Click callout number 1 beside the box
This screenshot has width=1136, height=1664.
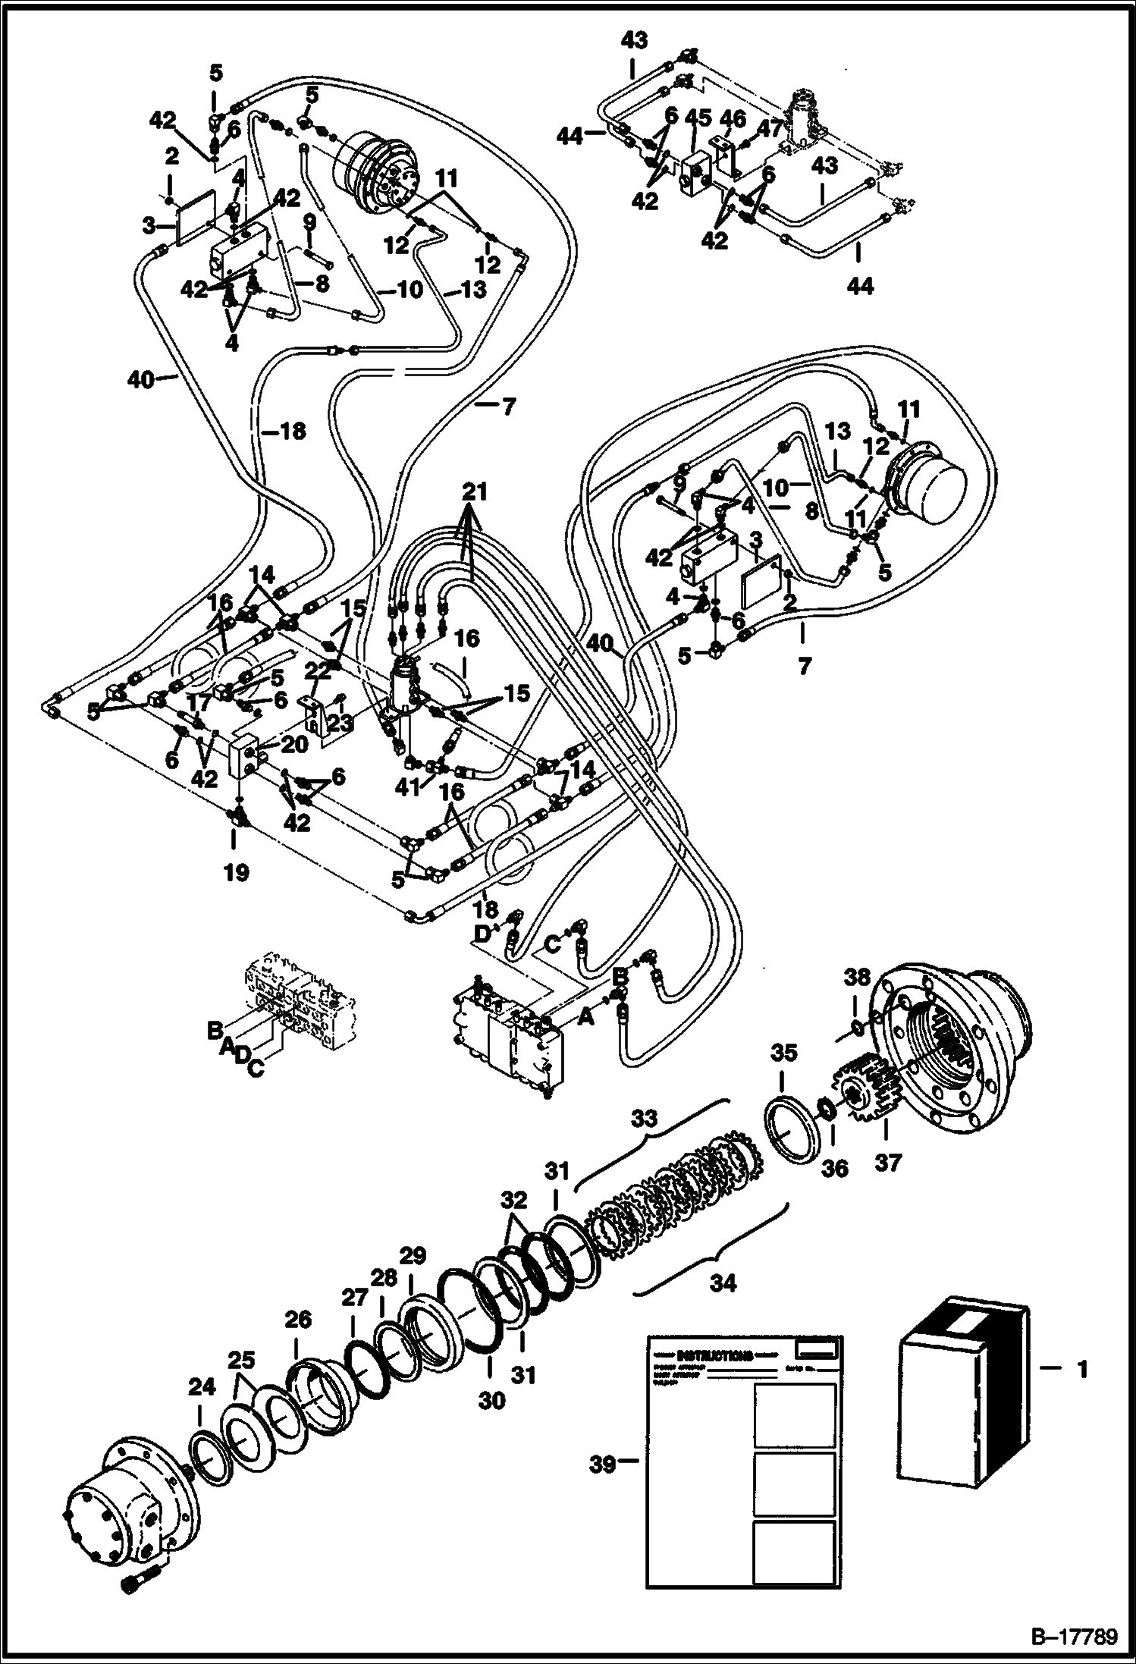pos(1082,1369)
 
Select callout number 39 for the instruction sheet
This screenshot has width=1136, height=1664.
pos(604,1465)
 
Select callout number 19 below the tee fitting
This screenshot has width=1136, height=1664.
pos(236,872)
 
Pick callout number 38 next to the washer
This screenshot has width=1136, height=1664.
pos(858,978)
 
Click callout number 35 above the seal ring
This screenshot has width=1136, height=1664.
pos(785,1053)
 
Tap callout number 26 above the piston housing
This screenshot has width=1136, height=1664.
pos(297,1320)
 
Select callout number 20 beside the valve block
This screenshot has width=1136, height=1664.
pos(293,745)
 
